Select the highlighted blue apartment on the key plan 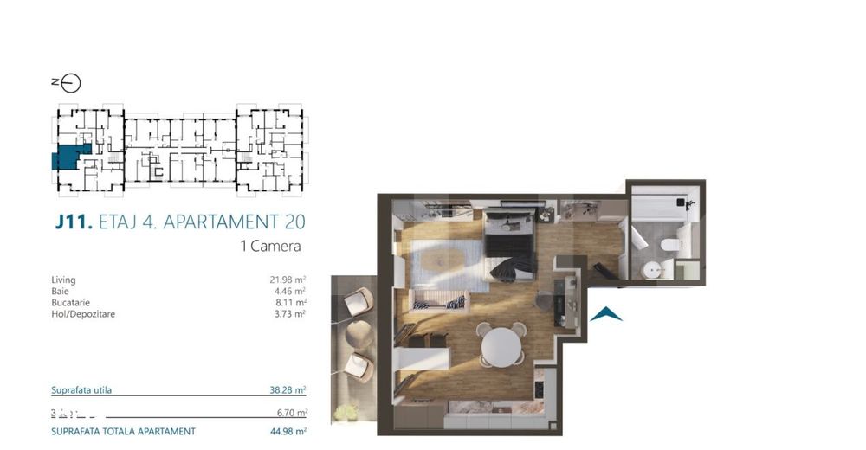(x=67, y=159)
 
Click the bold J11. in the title (x=73, y=222)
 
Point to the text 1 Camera (x=270, y=246)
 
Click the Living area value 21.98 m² (x=288, y=280)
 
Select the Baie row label (x=60, y=292)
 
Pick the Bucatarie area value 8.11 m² (x=289, y=303)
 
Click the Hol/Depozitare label (x=83, y=314)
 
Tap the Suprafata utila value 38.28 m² (x=288, y=390)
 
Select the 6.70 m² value (x=289, y=413)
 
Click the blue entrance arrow (x=606, y=314)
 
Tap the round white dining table (x=501, y=346)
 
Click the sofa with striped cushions (x=439, y=302)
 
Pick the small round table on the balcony (x=358, y=333)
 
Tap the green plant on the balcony (x=347, y=413)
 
